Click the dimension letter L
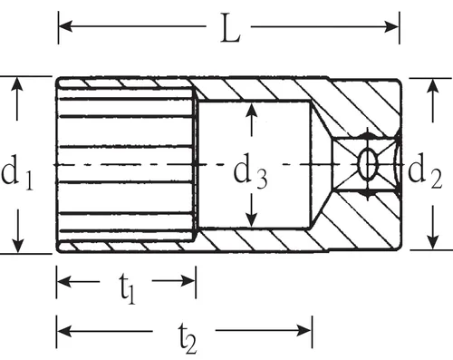[x=230, y=28]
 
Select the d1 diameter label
[x=17, y=173]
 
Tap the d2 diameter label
[x=425, y=170]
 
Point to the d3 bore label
[x=250, y=171]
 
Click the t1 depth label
[x=127, y=289]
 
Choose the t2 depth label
[x=188, y=338]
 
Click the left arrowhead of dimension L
[x=65, y=26]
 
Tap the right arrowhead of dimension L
[x=391, y=27]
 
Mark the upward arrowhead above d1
[x=17, y=84]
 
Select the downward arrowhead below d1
[x=18, y=245]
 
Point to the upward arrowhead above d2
[x=434, y=86]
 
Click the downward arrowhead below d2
[x=434, y=242]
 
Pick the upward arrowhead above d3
[x=251, y=111]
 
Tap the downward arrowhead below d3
[x=251, y=219]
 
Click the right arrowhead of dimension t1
[x=188, y=281]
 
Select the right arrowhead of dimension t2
[x=304, y=331]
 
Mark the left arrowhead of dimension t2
[x=64, y=331]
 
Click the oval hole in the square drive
[x=368, y=164]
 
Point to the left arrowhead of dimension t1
[x=64, y=281]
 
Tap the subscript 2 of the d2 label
[x=436, y=180]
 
